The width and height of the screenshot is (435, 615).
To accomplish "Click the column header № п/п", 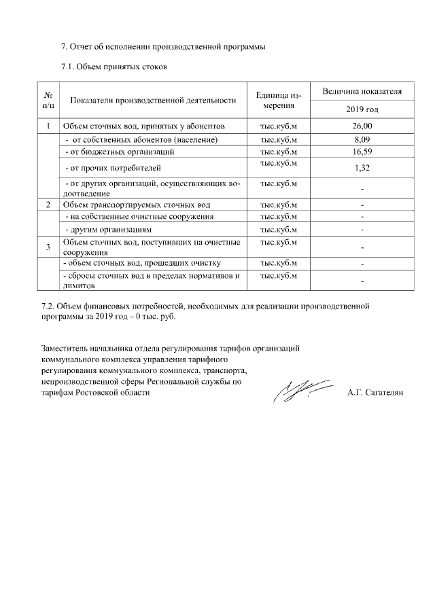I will (49, 100).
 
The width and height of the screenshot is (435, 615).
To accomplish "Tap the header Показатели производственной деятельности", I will (154, 101).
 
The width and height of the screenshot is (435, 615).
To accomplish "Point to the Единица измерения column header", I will (279, 100).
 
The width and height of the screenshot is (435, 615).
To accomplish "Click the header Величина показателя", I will (362, 91).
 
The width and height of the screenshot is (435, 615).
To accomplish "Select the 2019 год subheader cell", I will (362, 109).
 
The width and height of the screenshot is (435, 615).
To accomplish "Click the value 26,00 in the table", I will (362, 126).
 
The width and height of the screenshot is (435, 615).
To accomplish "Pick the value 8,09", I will (362, 139).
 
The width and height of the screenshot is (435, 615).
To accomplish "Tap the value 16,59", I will (362, 152).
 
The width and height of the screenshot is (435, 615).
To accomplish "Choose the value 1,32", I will (362, 166).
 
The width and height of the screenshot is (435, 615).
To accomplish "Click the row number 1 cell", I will (49, 126).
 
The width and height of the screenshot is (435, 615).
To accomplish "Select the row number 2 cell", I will (49, 205).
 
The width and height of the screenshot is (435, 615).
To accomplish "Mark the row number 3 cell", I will (49, 247).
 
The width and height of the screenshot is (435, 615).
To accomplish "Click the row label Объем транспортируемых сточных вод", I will (137, 205).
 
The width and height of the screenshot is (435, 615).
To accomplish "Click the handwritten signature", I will (298, 388).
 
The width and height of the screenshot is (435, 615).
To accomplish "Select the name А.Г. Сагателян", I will (375, 392).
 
